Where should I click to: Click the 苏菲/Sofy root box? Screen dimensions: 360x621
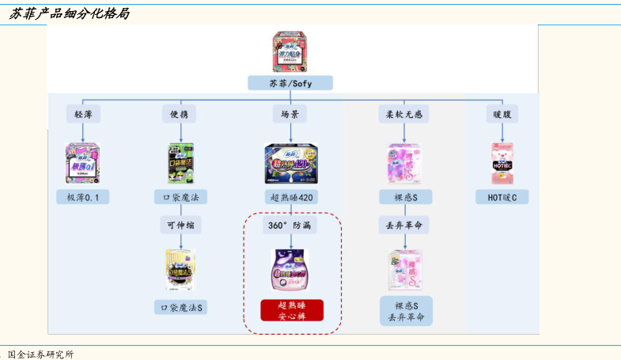[x=290, y=83]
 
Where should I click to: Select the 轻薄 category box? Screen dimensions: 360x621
[x=83, y=114]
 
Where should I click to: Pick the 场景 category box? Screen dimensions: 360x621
[x=290, y=114]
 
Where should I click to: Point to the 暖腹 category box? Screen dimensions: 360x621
[x=502, y=114]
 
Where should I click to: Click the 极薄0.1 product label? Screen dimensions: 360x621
[x=83, y=197]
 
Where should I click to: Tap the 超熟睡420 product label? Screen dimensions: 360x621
[x=290, y=197]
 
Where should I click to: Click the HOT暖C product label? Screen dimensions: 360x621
[x=502, y=197]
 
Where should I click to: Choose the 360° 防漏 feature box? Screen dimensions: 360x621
[x=290, y=225]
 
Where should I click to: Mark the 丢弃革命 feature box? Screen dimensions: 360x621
[x=403, y=225]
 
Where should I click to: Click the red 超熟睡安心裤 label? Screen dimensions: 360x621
[x=292, y=310]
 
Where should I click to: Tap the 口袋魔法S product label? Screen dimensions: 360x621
[x=181, y=307]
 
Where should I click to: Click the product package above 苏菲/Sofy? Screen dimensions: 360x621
[x=290, y=52]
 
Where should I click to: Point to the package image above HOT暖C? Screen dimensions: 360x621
[x=502, y=163]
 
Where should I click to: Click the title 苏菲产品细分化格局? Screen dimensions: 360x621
[x=70, y=14]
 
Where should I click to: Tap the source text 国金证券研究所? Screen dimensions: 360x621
[x=40, y=354]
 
